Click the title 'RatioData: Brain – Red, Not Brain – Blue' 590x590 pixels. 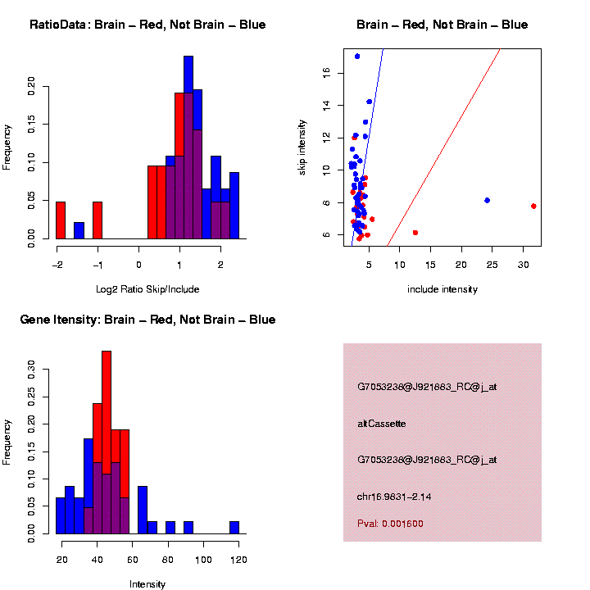(147, 25)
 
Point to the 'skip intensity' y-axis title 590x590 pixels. (302, 146)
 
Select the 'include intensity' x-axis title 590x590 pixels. (442, 288)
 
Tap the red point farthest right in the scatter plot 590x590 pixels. (533, 206)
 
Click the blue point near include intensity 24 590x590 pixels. (487, 200)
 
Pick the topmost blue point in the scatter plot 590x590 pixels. (357, 57)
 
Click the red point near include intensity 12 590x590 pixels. (415, 233)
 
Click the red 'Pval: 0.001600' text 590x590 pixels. (390, 524)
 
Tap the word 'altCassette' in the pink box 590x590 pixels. (382, 424)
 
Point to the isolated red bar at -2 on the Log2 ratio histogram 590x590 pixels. (61, 220)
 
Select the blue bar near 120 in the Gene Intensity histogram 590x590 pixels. (234, 528)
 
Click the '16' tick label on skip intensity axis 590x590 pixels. (326, 73)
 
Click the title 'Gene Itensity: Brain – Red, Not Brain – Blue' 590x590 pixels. (147, 320)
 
